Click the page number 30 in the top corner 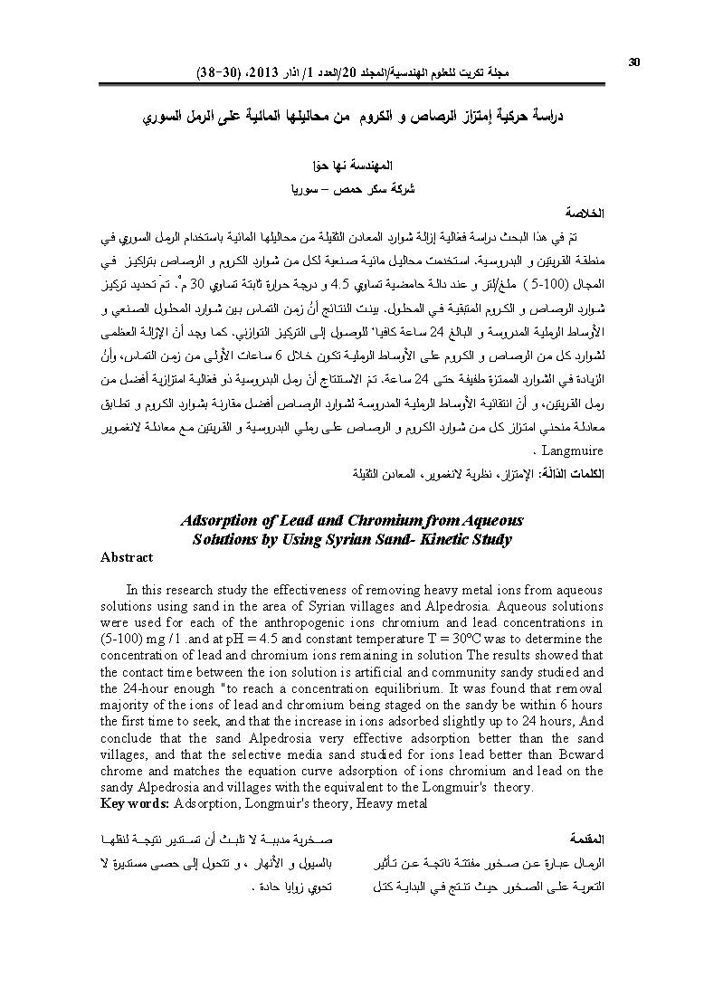[x=633, y=62]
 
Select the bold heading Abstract [x=127, y=558]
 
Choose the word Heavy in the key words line [x=380, y=802]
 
